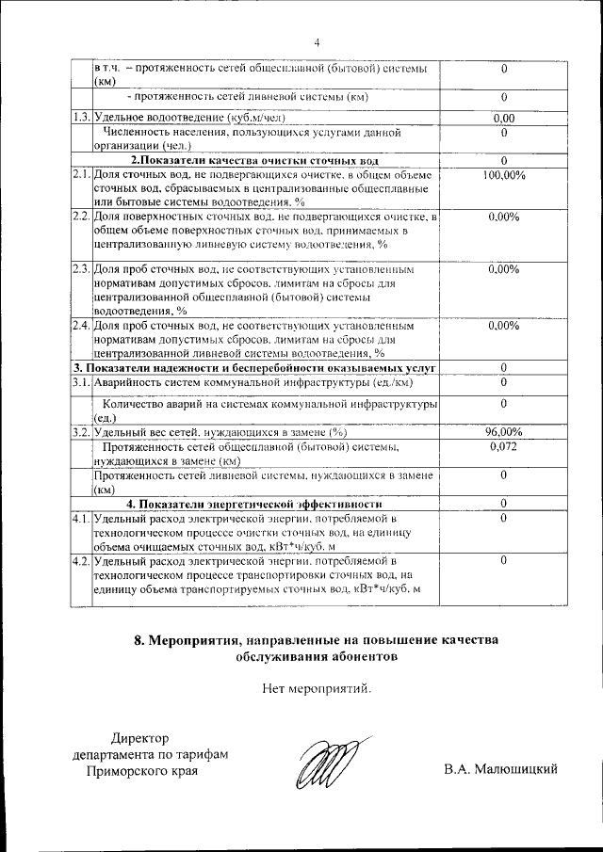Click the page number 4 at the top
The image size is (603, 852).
pyautogui.click(x=317, y=42)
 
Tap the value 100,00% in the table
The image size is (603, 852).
pyautogui.click(x=504, y=175)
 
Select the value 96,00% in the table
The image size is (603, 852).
pyautogui.click(x=504, y=431)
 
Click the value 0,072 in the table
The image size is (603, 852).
pyautogui.click(x=504, y=446)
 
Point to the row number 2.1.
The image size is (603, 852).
pyautogui.click(x=81, y=175)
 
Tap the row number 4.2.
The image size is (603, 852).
pyautogui.click(x=81, y=560)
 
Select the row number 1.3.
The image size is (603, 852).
pyautogui.click(x=81, y=118)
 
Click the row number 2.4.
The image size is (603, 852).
pyautogui.click(x=81, y=326)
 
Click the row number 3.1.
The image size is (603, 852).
pyautogui.click(x=81, y=381)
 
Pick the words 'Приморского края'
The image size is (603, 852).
pyautogui.click(x=143, y=770)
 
